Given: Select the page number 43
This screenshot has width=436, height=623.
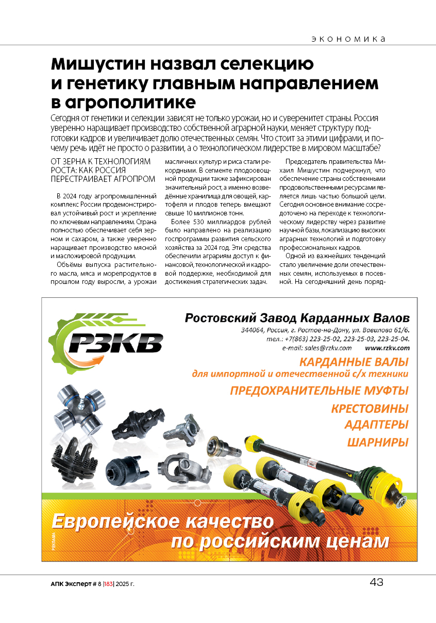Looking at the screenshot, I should click(x=376, y=583).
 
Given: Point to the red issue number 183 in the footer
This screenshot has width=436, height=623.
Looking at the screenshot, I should click(x=108, y=584).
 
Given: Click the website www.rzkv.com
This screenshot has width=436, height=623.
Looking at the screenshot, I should click(x=387, y=348).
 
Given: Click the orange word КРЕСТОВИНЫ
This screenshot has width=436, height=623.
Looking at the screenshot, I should click(x=370, y=409).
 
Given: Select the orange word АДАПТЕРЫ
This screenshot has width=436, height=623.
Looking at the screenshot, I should click(x=376, y=425).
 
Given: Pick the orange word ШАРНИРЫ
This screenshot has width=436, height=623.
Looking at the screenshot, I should click(x=377, y=442).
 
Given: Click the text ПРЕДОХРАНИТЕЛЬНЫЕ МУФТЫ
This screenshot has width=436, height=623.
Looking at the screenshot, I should click(x=319, y=391).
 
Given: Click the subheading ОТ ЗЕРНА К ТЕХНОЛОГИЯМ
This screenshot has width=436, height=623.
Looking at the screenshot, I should click(x=100, y=161).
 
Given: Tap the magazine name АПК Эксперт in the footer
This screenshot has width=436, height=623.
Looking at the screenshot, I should click(x=69, y=584).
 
